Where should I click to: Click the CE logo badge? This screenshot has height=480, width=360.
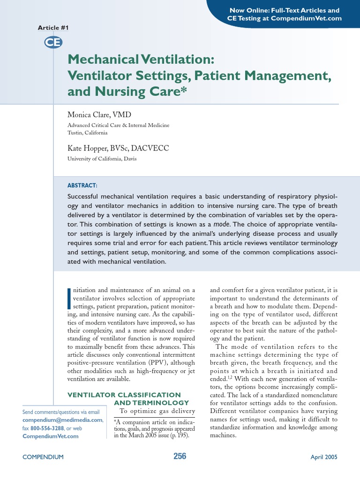50,43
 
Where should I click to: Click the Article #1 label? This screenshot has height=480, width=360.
53,28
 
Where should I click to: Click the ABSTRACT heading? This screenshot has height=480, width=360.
82,186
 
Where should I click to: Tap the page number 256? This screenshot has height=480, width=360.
180,456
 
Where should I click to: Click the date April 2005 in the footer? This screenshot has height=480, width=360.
324,457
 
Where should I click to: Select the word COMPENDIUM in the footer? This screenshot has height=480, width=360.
43,457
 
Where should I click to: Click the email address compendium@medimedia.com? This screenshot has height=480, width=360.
62,420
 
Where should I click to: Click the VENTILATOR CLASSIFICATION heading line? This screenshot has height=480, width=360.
124,395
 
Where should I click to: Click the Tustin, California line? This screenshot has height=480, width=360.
88,133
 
